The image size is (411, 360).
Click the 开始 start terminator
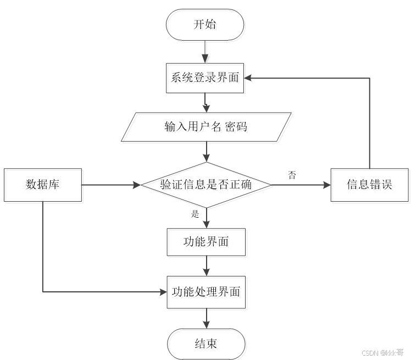pos(205,24)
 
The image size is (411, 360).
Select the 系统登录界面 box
pos(205,77)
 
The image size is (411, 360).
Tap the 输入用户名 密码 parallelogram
pos(205,127)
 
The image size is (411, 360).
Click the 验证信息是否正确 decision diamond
pos(205,185)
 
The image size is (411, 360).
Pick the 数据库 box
pos(42,184)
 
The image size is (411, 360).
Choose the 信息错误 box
pos(370,184)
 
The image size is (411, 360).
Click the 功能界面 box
pos(205,242)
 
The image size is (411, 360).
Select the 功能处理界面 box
pos(205,292)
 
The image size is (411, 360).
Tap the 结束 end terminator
pos(205,344)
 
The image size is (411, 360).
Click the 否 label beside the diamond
pos(292,175)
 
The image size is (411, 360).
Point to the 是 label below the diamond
pos(195,214)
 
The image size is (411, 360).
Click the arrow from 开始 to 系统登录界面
pos(205,52)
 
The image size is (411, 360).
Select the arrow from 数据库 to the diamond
pos(110,185)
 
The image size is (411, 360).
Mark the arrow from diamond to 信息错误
pos(301,185)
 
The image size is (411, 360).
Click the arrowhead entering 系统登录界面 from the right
pos(249,77)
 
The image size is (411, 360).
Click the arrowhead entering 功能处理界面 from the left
pos(163,292)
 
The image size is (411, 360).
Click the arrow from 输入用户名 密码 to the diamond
pos(205,151)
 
